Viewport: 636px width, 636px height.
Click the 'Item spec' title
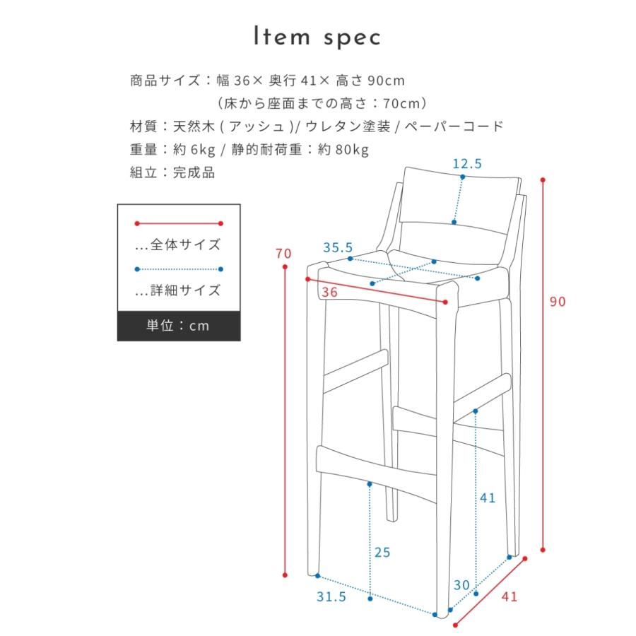[317, 37]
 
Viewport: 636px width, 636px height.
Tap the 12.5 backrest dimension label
[467, 164]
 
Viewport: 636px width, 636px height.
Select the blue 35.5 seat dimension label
[338, 248]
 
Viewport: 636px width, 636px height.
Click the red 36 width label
[328, 292]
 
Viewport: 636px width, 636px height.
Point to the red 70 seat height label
[283, 254]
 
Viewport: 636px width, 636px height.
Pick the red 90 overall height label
[558, 302]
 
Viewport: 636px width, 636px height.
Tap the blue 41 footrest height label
[488, 497]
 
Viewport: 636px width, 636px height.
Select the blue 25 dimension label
[382, 553]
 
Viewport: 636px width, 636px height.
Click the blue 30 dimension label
[462, 585]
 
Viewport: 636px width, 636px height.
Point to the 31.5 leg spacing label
[332, 597]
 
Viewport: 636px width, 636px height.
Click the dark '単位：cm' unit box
[178, 326]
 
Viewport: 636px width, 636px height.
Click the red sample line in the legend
[178, 223]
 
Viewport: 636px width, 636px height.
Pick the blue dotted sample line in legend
[178, 269]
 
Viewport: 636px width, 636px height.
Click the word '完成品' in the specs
[194, 172]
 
